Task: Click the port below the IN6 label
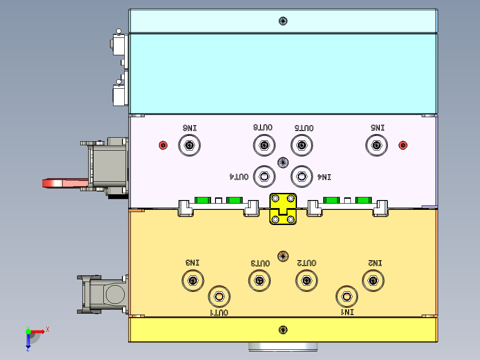pos(190,145)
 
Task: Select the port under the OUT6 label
pos(264,145)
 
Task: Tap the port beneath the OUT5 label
pos(302,145)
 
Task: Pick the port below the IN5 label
pos(377,145)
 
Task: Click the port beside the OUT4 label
pos(264,176)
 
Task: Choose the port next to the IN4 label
pos(302,176)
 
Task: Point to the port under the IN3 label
pos(193,280)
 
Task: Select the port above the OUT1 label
pos(219,297)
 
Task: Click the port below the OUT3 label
pos(260,280)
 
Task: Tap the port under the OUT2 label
pos(306,280)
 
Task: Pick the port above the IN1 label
pos(347,297)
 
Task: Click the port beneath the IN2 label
pos(373,280)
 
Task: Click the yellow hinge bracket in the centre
pos(283,209)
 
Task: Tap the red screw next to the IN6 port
pos(163,145)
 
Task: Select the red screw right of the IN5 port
pos(403,145)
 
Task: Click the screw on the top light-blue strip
pos(283,21)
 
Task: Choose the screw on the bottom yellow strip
pos(283,330)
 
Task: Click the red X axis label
pos(48,330)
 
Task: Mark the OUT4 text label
pos(239,177)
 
